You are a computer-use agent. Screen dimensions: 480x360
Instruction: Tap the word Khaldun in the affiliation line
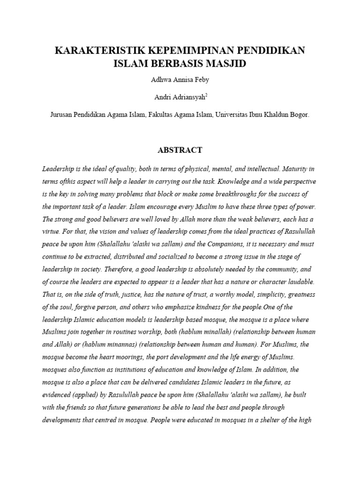point(267,114)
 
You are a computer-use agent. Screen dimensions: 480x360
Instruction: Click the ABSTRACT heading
point(180,150)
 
